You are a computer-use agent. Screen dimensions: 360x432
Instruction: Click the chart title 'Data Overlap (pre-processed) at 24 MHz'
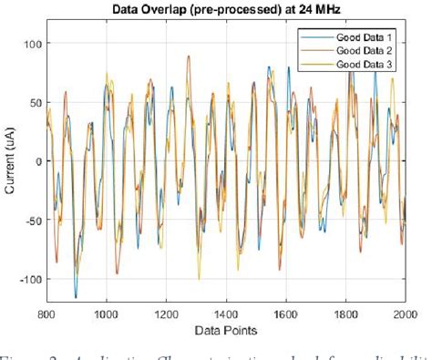[x=227, y=10]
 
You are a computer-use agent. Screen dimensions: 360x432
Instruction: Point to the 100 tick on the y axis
[x=33, y=44]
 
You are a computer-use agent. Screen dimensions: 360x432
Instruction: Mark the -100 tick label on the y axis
[x=31, y=280]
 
